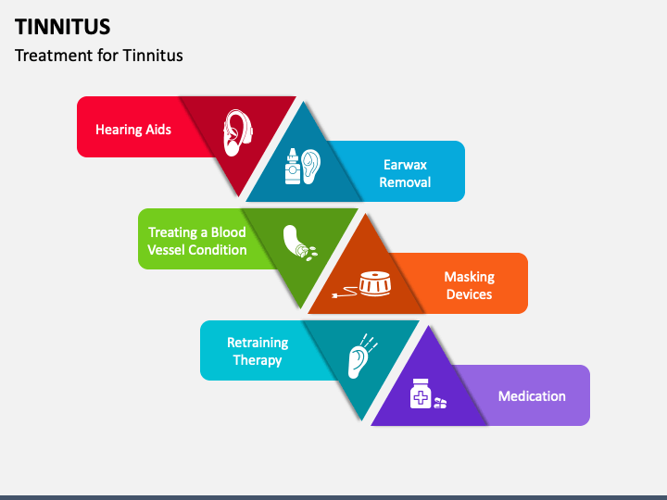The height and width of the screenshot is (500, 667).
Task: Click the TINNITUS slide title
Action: (x=62, y=26)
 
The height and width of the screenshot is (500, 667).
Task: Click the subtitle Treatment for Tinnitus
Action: (x=98, y=56)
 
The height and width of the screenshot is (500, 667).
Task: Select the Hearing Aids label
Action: (x=133, y=130)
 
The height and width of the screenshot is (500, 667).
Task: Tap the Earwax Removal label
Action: (x=405, y=173)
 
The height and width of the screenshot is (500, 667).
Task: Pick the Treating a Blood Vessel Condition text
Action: (x=197, y=241)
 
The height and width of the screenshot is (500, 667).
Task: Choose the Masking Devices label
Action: (x=469, y=285)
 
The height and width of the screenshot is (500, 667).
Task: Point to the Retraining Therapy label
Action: (x=258, y=351)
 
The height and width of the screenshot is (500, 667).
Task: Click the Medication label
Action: (x=532, y=396)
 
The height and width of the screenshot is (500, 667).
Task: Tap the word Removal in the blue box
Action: (x=405, y=182)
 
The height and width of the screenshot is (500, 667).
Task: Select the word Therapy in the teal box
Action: (x=258, y=360)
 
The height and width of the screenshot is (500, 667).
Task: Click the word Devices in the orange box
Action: (x=469, y=294)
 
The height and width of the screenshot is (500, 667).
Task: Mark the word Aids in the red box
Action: (x=158, y=130)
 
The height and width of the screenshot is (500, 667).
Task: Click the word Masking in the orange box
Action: (x=469, y=277)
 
